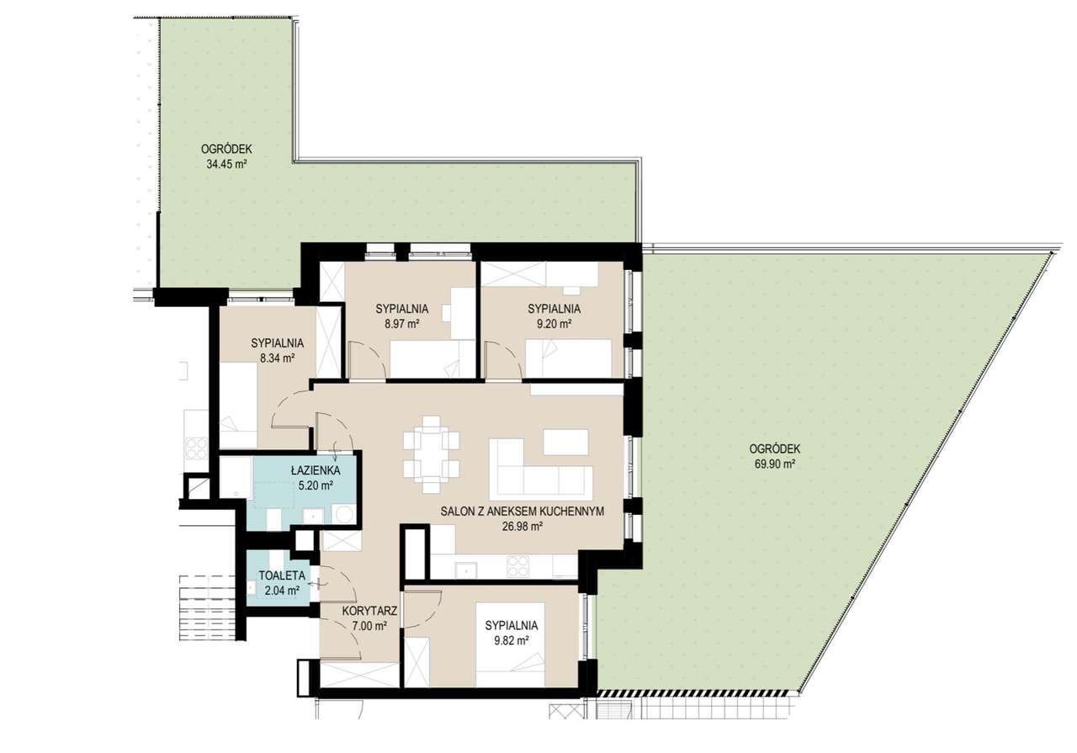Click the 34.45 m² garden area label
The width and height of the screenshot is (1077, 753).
(x=226, y=164)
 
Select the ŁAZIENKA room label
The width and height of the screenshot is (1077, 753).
(x=316, y=470)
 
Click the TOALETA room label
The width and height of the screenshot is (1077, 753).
(x=282, y=575)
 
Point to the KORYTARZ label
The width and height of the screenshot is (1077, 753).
(x=369, y=611)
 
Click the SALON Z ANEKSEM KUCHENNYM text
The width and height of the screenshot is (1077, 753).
(x=523, y=512)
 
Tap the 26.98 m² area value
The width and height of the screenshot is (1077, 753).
(x=523, y=527)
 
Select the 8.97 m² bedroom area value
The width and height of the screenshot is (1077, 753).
(x=401, y=324)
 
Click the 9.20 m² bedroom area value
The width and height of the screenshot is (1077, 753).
(x=554, y=324)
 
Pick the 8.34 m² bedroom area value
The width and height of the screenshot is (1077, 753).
(x=278, y=358)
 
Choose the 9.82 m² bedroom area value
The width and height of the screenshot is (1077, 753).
(x=512, y=640)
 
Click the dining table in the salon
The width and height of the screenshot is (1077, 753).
(x=432, y=454)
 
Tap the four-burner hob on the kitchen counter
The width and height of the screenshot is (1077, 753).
(x=517, y=566)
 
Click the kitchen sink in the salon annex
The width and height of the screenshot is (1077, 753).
(x=466, y=570)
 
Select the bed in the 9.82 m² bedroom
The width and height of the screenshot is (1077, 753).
(x=510, y=644)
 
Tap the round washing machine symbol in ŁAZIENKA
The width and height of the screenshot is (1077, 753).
(x=344, y=514)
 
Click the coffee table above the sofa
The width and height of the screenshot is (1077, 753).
(x=566, y=443)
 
